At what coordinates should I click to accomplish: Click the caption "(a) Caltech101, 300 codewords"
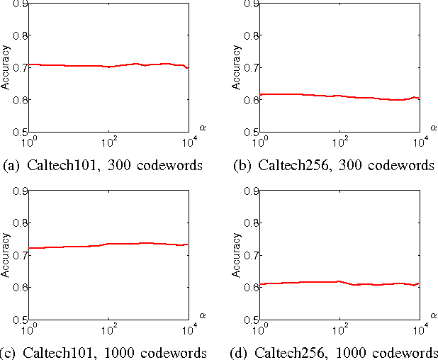[103, 166]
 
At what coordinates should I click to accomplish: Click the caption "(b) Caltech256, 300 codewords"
[333, 166]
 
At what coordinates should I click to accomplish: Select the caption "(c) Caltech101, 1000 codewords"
[106, 353]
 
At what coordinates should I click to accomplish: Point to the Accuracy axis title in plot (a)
[6, 68]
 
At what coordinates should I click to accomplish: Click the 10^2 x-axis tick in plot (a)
[108, 142]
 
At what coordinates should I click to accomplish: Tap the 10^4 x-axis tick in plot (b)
[419, 142]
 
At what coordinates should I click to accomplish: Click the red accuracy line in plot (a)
[71, 65]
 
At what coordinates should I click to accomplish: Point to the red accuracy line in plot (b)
[298, 94]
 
